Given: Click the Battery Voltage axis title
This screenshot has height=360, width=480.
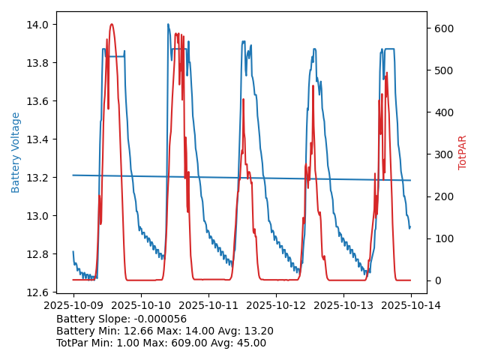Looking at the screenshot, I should (16, 152).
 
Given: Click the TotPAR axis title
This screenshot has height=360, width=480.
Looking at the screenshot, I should (462, 152).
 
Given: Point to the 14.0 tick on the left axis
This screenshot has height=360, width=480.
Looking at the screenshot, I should (38, 25).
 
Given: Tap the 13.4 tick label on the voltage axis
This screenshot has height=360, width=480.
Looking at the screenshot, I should (38, 139).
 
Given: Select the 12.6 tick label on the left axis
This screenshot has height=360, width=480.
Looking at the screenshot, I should (38, 292).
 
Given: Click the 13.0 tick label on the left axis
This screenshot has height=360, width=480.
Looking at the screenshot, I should (38, 216).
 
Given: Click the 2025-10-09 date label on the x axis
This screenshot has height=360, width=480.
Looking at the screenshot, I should (73, 306).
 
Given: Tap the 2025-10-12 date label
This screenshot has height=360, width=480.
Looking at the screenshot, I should (276, 306).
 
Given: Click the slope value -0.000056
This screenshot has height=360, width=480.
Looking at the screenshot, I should (160, 319).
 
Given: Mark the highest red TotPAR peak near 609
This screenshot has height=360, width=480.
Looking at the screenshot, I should (112, 24).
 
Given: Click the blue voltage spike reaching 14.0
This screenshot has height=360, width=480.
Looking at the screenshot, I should (168, 24).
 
